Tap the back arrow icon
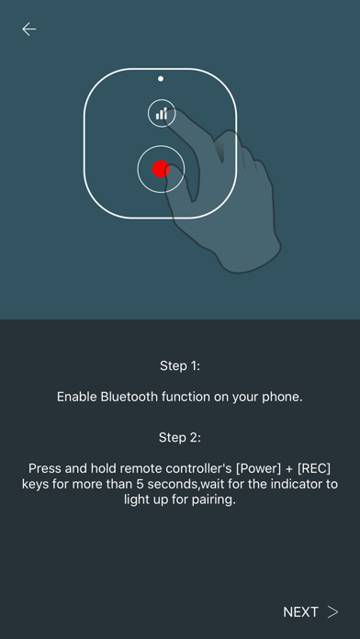click(29, 29)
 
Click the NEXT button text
click(300, 612)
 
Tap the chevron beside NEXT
click(333, 612)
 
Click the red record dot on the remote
click(161, 169)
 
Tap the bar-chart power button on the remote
click(162, 113)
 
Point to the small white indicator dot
click(161, 79)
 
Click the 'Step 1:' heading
click(180, 365)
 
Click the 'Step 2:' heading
click(180, 438)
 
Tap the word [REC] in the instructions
click(313, 468)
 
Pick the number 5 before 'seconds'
click(139, 485)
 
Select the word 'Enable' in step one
click(77, 397)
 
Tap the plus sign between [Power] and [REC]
click(289, 469)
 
